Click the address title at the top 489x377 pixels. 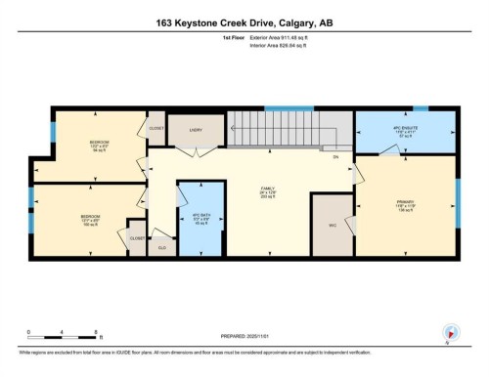coord(244,22)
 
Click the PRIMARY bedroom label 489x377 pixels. coord(406,206)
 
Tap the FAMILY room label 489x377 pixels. coord(265,191)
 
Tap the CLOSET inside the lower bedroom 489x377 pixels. coord(136,237)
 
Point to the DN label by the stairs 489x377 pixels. coord(334,156)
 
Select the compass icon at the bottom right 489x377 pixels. coord(449,333)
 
